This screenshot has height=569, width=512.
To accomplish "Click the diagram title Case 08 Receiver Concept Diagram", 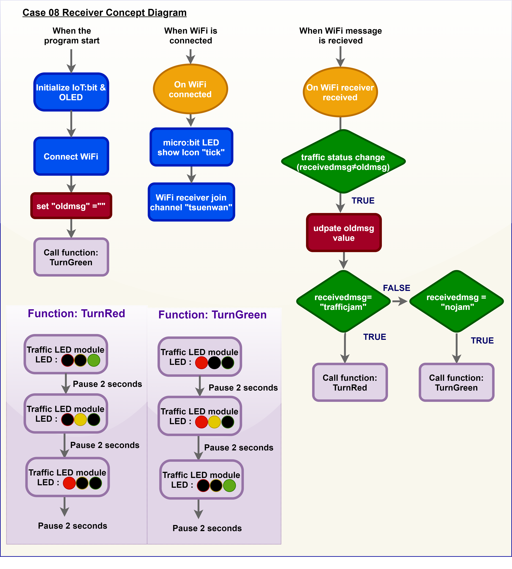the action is (x=104, y=13).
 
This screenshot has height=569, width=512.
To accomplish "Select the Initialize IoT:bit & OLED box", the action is (x=71, y=92).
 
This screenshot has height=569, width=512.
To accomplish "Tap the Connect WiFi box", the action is (x=71, y=156).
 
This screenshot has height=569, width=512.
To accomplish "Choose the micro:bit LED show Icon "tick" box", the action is (x=191, y=147).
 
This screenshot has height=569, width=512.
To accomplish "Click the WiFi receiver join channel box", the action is (x=191, y=202).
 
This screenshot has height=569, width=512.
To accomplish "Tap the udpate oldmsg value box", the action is (x=344, y=233).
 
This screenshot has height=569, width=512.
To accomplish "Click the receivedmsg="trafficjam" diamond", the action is (x=343, y=301).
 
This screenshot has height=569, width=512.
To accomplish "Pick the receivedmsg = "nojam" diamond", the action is (x=456, y=301).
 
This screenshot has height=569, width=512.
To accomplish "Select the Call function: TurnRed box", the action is (x=350, y=382).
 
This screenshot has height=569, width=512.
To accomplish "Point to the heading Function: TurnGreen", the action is (x=212, y=315).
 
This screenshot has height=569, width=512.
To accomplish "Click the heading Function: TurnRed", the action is (x=76, y=314).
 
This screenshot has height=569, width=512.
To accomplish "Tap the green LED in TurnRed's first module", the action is (x=94, y=360).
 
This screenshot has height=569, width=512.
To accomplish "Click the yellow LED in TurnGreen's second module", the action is (x=214, y=422).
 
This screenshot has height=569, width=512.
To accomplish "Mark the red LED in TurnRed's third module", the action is (x=69, y=483).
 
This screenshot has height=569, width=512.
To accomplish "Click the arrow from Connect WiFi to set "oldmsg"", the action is (x=71, y=184).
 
